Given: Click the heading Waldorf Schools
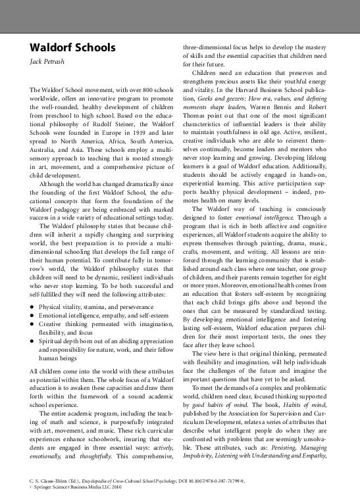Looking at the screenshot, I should point(72,48).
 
